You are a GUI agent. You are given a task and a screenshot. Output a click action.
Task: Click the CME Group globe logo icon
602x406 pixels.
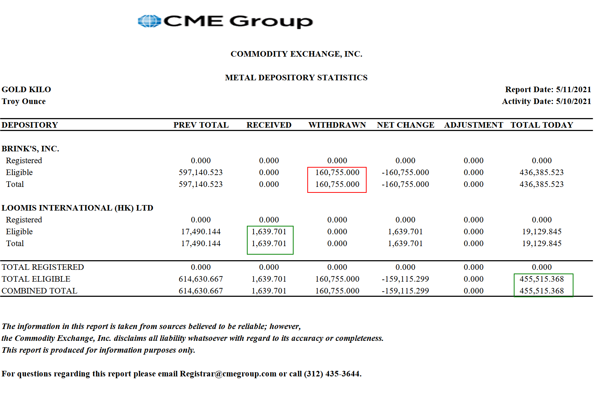tap(149, 21)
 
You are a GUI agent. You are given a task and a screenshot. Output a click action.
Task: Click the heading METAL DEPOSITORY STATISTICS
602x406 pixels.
tap(296, 78)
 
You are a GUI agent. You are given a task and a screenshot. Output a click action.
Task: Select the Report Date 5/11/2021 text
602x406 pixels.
tap(548, 90)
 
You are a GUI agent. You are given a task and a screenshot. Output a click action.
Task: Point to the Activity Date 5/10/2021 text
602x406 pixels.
tap(546, 101)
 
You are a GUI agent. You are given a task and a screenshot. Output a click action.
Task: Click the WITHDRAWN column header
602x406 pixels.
tap(337, 125)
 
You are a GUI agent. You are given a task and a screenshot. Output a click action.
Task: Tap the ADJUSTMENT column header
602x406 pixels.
tap(473, 125)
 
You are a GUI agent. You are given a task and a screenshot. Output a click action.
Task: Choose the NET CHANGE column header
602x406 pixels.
tap(406, 125)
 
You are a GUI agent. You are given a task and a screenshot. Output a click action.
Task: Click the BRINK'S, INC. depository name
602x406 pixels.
tap(30, 149)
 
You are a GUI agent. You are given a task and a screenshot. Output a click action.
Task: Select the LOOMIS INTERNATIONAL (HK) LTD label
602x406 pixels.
tap(77, 208)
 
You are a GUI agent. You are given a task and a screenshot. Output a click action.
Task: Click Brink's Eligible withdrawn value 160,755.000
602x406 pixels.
tap(337, 172)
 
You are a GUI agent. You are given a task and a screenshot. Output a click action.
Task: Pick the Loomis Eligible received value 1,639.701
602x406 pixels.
tap(269, 232)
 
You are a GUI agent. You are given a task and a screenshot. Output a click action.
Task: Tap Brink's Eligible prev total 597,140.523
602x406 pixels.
tap(201, 172)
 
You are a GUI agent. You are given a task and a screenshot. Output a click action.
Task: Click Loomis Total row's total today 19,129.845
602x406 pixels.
tap(542, 244)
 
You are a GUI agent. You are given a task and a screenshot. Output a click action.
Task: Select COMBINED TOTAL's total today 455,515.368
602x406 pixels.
tap(542, 291)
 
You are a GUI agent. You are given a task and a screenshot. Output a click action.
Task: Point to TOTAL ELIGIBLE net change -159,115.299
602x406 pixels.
tap(405, 279)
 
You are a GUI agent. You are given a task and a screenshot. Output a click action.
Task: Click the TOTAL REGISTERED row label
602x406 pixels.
tap(43, 267)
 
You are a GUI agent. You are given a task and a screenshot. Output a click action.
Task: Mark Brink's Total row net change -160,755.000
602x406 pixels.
tap(405, 184)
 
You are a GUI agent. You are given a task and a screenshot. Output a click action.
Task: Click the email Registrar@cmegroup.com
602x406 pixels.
tap(228, 374)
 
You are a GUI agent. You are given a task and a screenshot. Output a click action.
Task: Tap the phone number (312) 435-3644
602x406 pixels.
tap(332, 374)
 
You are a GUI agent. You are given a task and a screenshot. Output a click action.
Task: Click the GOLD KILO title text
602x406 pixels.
tap(26, 90)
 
